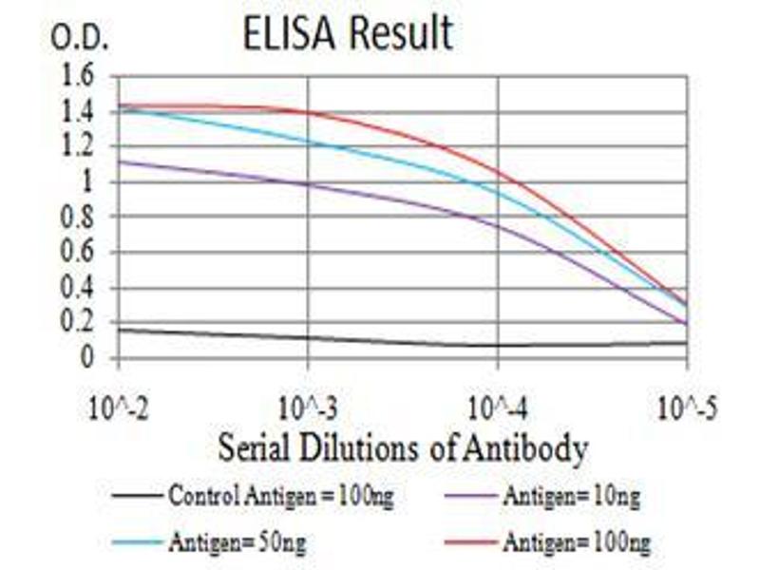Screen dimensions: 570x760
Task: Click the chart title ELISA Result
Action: (x=347, y=34)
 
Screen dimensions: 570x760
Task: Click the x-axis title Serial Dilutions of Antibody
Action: (x=403, y=446)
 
